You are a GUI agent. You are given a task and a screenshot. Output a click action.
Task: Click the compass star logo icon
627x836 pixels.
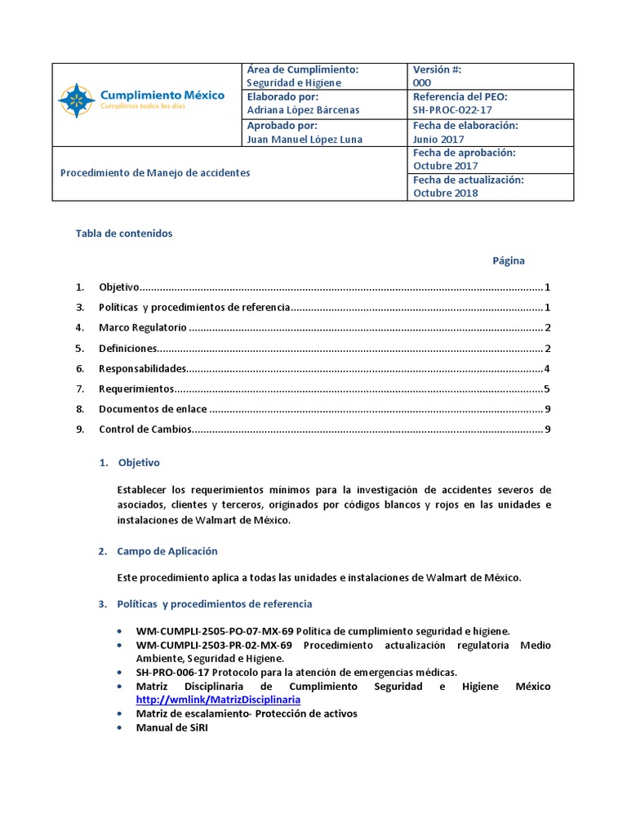[76, 100]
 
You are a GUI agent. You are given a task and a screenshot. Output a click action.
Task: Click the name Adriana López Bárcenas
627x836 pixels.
[302, 110]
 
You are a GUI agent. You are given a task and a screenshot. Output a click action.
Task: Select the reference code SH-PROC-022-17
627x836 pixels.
[452, 110]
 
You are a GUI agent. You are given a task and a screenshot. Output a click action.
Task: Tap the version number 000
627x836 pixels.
[422, 82]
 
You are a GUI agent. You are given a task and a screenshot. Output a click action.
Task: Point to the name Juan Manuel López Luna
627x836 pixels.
[305, 139]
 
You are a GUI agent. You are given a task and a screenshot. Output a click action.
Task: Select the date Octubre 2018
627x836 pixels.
[446, 193]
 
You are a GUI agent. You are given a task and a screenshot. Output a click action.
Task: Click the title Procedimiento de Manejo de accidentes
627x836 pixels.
[156, 173]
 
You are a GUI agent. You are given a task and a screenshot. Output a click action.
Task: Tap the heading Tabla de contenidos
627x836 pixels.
[124, 233]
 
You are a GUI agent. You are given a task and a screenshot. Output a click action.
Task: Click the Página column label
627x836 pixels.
[508, 261]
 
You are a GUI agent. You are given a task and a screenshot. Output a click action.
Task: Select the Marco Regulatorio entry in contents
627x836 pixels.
[143, 328]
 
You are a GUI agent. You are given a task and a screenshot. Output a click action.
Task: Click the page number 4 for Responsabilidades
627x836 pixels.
[547, 369]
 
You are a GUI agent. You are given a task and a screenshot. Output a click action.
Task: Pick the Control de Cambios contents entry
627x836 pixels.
[145, 430]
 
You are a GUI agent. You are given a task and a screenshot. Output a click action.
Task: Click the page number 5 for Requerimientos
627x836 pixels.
[547, 389]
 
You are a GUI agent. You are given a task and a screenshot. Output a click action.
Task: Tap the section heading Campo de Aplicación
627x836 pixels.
[167, 551]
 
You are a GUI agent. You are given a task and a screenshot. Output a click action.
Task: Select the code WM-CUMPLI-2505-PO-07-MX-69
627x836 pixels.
[215, 632]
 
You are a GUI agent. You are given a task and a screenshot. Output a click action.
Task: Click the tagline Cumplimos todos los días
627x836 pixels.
[144, 107]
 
